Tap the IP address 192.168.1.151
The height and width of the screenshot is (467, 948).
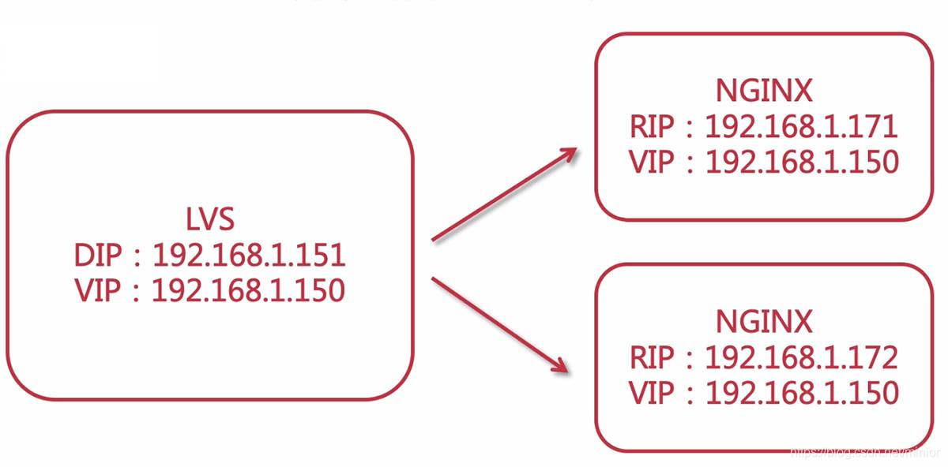pyautogui.click(x=248, y=256)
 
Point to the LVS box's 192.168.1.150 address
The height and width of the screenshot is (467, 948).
pyautogui.click(x=248, y=290)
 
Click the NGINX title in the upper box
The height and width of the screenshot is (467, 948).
pyautogui.click(x=763, y=92)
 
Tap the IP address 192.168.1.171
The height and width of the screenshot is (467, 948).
pyautogui.click(x=801, y=127)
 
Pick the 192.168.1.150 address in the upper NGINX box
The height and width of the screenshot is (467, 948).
pyautogui.click(x=801, y=162)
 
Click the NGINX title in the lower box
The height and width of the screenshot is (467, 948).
pyautogui.click(x=763, y=322)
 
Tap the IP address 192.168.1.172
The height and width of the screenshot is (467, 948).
pyautogui.click(x=801, y=357)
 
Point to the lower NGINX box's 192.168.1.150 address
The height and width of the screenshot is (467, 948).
pyautogui.click(x=801, y=392)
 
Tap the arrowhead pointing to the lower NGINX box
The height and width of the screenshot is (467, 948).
pyautogui.click(x=559, y=364)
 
